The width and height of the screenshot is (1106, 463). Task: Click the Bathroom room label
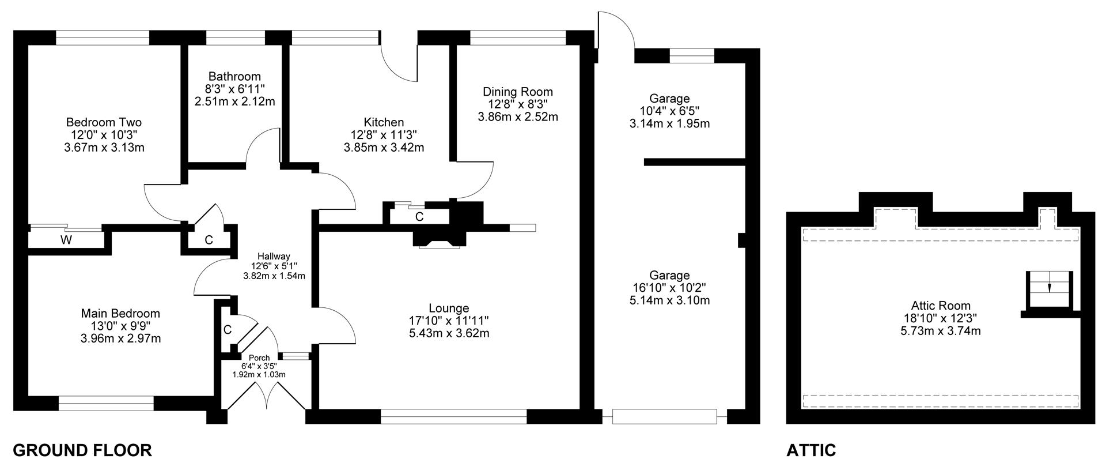pyautogui.click(x=234, y=77)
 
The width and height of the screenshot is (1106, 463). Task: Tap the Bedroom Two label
pyautogui.click(x=104, y=122)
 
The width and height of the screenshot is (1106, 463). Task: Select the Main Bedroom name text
pyautogui.click(x=120, y=314)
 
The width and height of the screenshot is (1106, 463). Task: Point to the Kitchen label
pyautogui.click(x=384, y=122)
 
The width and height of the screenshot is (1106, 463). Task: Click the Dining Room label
pyautogui.click(x=517, y=92)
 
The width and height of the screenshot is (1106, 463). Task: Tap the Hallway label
pyautogui.click(x=274, y=257)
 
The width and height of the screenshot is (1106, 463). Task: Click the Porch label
pyautogui.click(x=259, y=358)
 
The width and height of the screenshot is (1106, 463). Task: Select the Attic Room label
pyautogui.click(x=940, y=306)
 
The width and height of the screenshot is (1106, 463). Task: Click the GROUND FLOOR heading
pyautogui.click(x=82, y=450)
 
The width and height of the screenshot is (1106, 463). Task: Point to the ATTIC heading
pyautogui.click(x=811, y=450)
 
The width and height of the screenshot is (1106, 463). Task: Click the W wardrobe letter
pyautogui.click(x=66, y=240)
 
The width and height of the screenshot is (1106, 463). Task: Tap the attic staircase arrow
pyautogui.click(x=1048, y=287)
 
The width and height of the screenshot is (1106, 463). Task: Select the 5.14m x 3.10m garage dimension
pyautogui.click(x=669, y=300)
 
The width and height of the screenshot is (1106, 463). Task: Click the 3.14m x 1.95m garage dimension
pyautogui.click(x=669, y=123)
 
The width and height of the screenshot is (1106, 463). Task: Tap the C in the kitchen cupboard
pyautogui.click(x=419, y=217)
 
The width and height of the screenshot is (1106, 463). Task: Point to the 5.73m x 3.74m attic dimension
pyautogui.click(x=940, y=331)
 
